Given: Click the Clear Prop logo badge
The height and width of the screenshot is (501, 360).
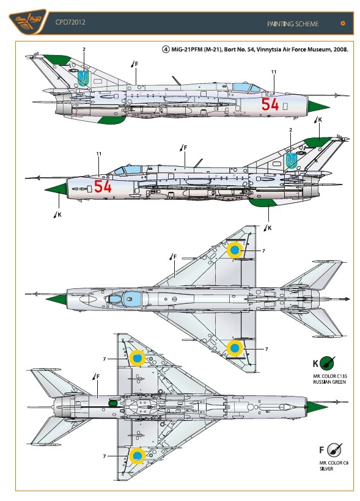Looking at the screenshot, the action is click(28, 22).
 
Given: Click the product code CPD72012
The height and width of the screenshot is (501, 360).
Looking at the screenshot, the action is click(70, 22).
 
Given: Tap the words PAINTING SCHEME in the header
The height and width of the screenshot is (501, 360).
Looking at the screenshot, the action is click(293, 24).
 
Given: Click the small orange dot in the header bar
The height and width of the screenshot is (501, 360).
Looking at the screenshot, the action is click(343, 23).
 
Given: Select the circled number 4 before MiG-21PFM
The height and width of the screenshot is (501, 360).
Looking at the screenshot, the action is click(166, 49).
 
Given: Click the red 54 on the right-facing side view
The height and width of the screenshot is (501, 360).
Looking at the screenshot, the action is click(270, 104).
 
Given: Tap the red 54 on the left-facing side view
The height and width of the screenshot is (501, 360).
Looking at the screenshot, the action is click(103, 186).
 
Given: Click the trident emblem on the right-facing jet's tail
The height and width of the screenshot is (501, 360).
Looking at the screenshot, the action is click(84, 78).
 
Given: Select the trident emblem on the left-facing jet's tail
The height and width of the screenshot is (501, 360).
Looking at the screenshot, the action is click(292, 161).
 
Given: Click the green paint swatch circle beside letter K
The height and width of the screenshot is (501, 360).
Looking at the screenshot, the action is click(327, 364).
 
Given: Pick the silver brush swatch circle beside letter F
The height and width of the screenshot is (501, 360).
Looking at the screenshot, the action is click(334, 450).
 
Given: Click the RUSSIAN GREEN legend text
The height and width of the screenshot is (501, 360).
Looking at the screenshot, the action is click(329, 382).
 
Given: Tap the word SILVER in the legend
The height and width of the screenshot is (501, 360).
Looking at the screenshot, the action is click(326, 469).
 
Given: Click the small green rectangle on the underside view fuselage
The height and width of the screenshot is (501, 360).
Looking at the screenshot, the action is click(112, 403).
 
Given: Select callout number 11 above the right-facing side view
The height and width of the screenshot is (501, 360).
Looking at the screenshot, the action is click(274, 72).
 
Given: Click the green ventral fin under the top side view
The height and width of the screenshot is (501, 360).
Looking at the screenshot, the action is click(112, 120).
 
